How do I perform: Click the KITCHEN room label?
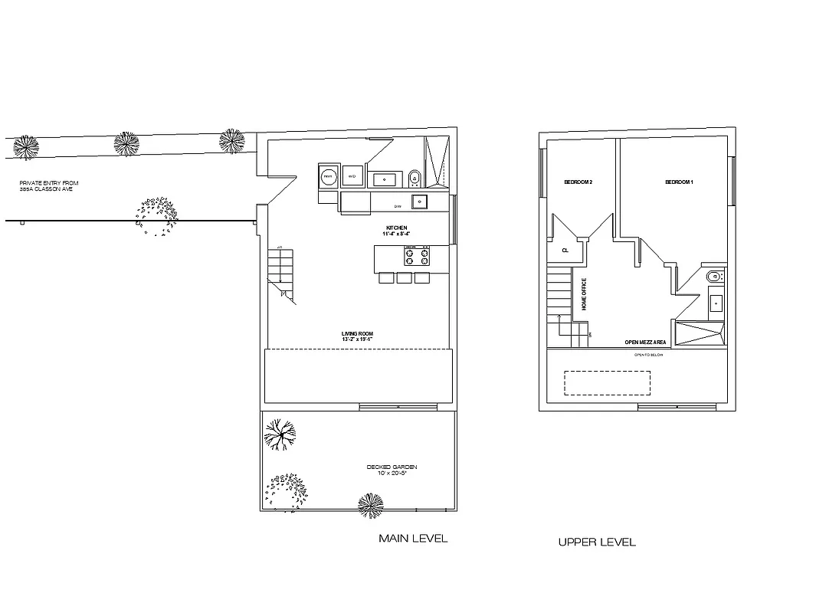point(396,228)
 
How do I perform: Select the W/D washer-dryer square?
point(352,176)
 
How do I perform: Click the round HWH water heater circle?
point(328,176)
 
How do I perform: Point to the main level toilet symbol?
point(415,178)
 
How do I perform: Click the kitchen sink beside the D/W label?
point(420,202)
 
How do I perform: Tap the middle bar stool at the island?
point(404,278)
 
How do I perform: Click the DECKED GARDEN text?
point(392,467)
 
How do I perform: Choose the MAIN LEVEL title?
point(413,539)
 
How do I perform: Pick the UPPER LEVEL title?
point(597,543)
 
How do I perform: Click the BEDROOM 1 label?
point(679,182)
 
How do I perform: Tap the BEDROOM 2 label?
point(578,182)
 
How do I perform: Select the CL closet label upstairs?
point(565,250)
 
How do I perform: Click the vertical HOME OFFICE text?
point(584,293)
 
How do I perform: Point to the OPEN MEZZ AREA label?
point(645,343)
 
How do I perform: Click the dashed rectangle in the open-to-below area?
point(607,383)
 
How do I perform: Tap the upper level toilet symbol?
point(713,277)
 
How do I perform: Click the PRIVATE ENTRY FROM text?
point(49,183)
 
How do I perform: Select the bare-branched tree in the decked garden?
point(280,435)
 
